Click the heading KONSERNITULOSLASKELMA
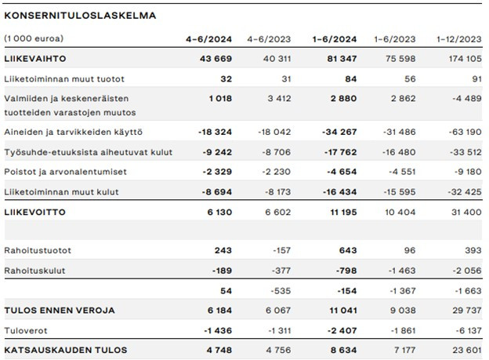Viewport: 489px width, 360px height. [x=80, y=16]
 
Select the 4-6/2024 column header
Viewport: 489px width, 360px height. [x=208, y=39]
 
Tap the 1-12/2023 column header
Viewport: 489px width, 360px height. [x=458, y=39]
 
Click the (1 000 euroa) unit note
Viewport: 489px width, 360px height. [x=34, y=38]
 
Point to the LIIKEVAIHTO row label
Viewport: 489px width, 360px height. [x=35, y=59]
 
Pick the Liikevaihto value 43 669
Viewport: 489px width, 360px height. [x=216, y=59]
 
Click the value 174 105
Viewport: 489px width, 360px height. [x=465, y=59]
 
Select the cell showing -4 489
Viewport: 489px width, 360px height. [x=467, y=98]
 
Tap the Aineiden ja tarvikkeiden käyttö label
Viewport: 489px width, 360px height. [x=74, y=133]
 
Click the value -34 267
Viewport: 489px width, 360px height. [x=339, y=132]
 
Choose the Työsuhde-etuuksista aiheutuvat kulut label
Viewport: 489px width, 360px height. [x=89, y=152]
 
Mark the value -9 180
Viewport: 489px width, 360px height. [x=469, y=172]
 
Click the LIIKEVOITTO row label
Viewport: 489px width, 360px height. [x=35, y=213]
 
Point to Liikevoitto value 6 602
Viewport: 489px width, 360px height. [x=278, y=213]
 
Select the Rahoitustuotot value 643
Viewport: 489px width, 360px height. [x=348, y=250]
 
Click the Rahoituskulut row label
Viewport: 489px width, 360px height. [x=35, y=271]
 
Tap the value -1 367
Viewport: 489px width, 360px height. [x=403, y=291]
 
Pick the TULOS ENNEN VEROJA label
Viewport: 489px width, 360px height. [x=60, y=311]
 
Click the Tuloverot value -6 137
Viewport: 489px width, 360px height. [x=469, y=331]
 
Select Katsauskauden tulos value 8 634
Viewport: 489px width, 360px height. [x=343, y=351]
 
